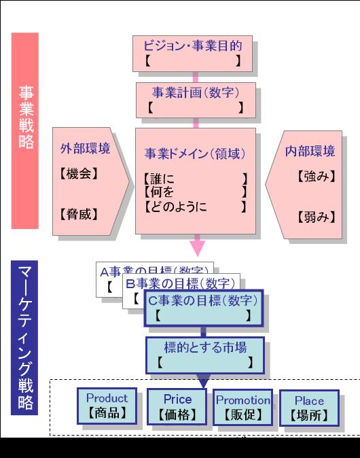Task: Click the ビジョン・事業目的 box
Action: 193,53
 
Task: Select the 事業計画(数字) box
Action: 196,99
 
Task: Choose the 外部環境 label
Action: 85,149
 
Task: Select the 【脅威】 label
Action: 79,215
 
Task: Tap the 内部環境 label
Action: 309,150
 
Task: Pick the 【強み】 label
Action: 317,176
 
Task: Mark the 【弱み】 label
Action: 317,217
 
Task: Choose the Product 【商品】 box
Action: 107,406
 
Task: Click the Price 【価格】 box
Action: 177,407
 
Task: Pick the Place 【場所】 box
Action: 309,408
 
